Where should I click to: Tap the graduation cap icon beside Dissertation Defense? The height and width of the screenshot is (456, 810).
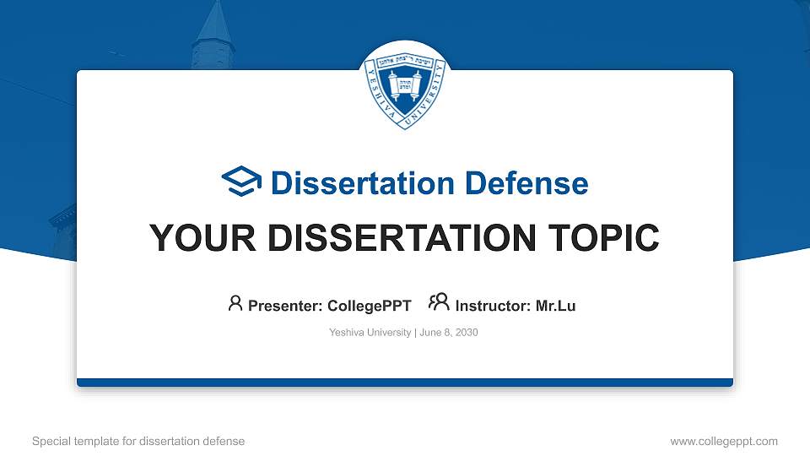point(241,182)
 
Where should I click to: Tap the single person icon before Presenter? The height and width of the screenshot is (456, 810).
point(235,304)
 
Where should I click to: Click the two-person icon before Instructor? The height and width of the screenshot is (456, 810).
point(439,304)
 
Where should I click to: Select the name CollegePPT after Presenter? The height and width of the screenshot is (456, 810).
point(370,307)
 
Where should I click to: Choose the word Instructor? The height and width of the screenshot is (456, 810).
point(493,307)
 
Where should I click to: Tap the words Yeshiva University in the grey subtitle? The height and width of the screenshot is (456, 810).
point(370,333)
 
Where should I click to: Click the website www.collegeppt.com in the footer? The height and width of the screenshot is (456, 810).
point(724,441)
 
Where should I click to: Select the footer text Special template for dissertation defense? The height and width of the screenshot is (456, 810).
point(138,441)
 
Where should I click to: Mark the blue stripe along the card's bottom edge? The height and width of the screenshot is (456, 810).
point(405,383)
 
